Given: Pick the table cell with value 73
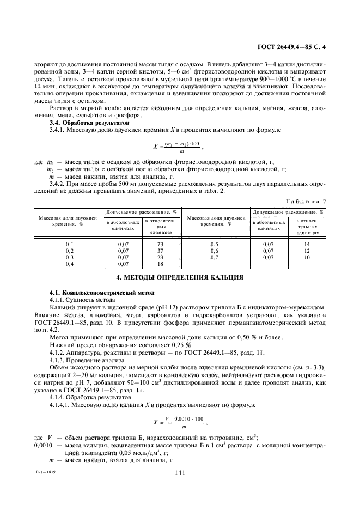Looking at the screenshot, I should coord(160,244).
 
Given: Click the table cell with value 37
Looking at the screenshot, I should coord(160,251).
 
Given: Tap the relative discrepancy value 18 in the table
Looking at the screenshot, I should coord(160,264).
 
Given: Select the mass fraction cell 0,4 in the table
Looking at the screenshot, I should coord(69,264).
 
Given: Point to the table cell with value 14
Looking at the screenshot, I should coord(307,244).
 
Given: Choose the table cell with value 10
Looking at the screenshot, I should coord(307,257).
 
